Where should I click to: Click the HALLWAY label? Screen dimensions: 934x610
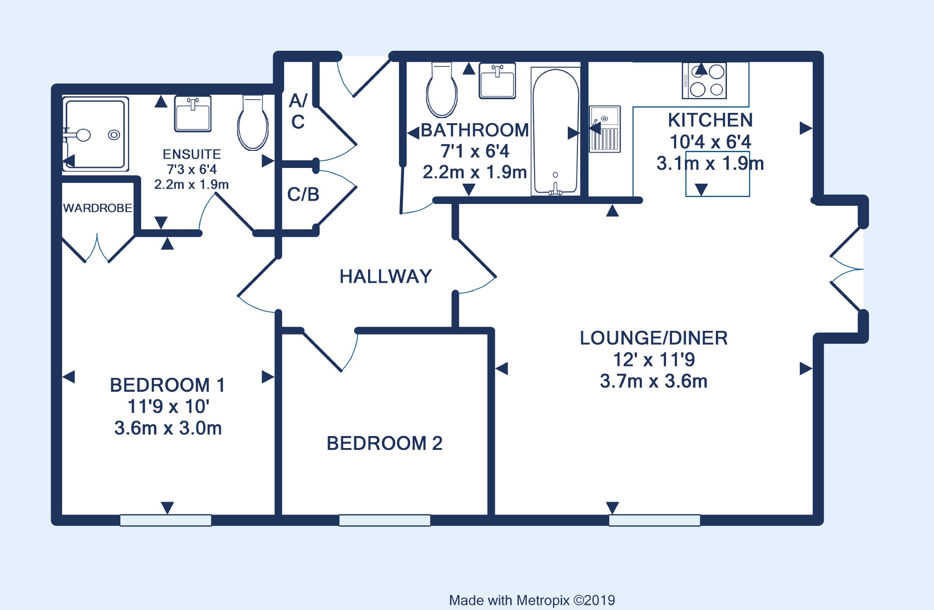[386, 276]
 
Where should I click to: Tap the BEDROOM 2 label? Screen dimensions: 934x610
[385, 443]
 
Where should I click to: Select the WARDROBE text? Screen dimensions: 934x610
[98, 208]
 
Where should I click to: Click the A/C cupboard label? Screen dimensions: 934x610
[298, 111]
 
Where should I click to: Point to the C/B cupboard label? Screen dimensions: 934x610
[303, 195]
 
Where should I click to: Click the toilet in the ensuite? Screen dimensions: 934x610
[253, 122]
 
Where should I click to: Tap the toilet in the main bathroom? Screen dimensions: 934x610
[442, 90]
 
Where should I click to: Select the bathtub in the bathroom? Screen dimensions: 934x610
[555, 132]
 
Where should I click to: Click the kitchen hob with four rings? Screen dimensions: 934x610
[704, 81]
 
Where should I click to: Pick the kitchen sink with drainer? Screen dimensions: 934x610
[605, 129]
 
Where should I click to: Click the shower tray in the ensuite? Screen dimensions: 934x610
[95, 134]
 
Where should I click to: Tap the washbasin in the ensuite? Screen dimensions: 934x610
[193, 114]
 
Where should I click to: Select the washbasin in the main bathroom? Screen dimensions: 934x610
[497, 81]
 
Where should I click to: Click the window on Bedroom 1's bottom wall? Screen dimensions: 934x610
[166, 520]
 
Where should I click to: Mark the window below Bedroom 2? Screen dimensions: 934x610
[385, 520]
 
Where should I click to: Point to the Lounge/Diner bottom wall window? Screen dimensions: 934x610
[654, 520]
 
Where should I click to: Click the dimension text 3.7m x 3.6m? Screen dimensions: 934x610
[654, 381]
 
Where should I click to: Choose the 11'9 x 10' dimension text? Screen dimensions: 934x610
[168, 407]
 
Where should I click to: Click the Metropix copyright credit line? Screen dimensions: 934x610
[532, 600]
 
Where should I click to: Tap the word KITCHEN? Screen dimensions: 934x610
[710, 120]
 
